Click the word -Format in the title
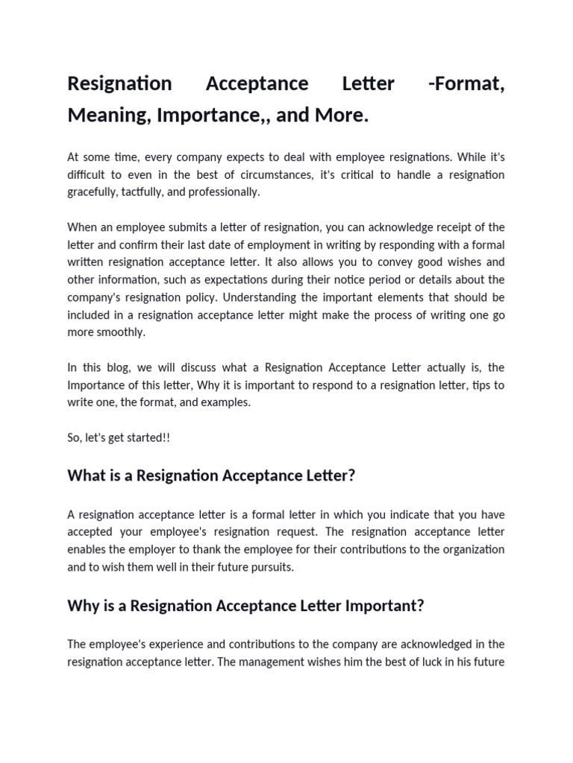466,83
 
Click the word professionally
225,191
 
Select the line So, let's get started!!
119,437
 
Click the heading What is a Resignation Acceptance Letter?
211,475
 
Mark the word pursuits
268,566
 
